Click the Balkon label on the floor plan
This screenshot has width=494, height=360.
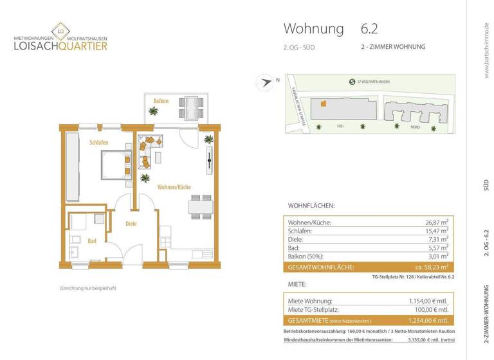tap(161, 102)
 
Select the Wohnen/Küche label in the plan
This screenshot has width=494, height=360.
tap(174, 187)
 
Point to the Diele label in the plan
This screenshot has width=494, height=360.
tap(131, 224)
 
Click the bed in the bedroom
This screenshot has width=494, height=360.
tap(114, 164)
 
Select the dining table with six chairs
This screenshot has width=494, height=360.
tap(200, 206)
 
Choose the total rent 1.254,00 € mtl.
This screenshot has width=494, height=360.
tap(428, 320)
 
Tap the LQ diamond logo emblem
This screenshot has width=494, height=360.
tap(62, 30)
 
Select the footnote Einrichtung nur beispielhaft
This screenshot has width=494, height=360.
tap(88, 289)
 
